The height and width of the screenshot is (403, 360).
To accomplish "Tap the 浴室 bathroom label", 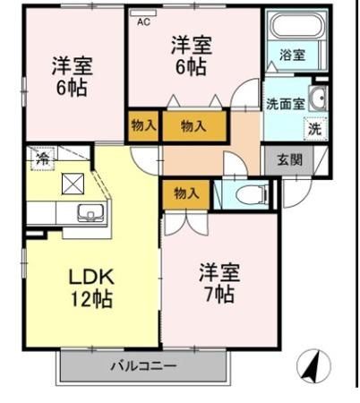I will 292,55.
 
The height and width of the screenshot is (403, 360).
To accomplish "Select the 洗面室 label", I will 285,103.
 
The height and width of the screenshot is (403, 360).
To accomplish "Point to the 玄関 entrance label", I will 288,161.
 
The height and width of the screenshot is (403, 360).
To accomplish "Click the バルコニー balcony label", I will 143,366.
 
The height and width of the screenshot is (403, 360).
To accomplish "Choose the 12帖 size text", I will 92,298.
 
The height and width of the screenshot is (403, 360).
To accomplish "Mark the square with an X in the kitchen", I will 71,184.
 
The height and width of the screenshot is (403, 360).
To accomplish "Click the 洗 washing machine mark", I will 314,127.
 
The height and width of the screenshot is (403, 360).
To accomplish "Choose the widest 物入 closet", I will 193,125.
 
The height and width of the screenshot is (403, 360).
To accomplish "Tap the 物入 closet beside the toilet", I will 186,193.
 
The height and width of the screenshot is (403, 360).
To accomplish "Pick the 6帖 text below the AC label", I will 192,68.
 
